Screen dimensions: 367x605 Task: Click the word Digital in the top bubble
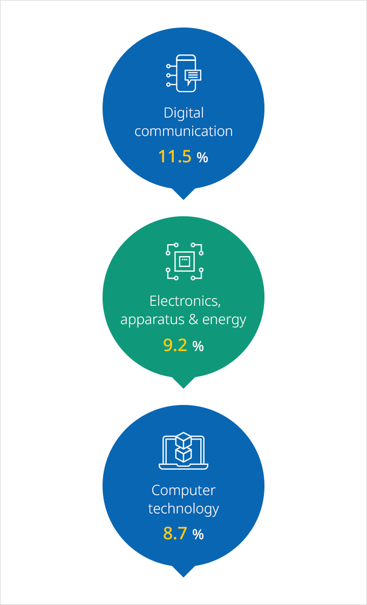tap(183, 113)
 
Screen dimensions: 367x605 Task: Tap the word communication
tap(183, 131)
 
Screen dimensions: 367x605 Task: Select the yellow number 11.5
tap(175, 157)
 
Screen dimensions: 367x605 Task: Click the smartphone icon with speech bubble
tap(184, 73)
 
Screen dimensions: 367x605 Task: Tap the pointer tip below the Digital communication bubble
tap(183, 200)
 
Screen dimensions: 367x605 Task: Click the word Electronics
tap(185, 301)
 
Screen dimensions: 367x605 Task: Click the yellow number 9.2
tap(175, 345)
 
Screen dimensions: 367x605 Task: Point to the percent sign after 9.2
tap(198, 346)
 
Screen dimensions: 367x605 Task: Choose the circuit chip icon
tap(185, 262)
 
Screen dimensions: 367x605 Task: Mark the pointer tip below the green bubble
tap(183, 388)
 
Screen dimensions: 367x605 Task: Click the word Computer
tap(183, 491)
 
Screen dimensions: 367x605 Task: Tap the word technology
tap(183, 508)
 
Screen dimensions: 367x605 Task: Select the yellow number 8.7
tap(175, 534)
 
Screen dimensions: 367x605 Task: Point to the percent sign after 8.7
tap(198, 534)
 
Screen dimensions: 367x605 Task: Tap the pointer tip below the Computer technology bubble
tap(183, 577)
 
